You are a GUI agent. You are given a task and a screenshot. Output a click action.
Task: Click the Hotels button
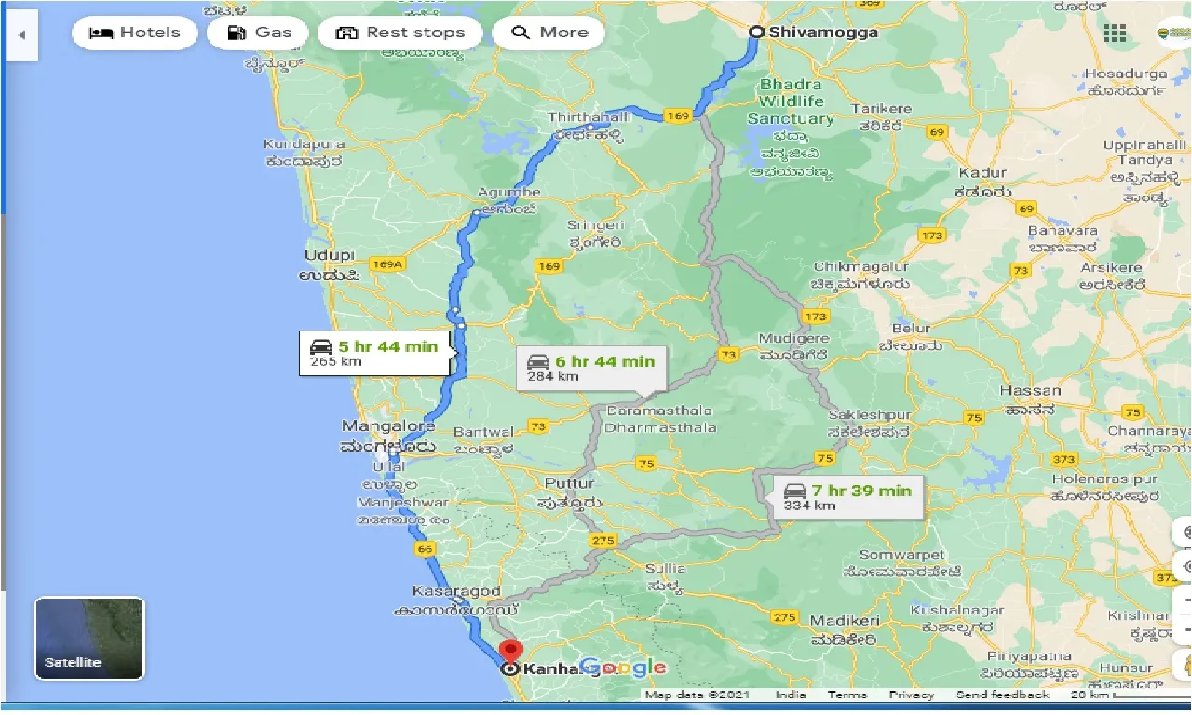click(135, 33)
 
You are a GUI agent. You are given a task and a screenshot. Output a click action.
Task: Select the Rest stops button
click(400, 33)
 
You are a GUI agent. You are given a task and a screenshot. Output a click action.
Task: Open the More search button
click(548, 33)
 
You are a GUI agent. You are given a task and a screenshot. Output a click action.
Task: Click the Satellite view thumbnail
click(89, 638)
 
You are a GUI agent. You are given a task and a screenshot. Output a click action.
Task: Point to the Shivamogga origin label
click(809, 33)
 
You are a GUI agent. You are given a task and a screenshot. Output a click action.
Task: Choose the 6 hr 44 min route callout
click(592, 368)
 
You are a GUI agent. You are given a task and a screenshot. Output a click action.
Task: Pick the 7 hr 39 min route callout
click(847, 497)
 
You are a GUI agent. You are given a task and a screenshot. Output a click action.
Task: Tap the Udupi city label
click(329, 255)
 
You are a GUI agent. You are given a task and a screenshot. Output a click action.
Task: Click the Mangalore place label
click(388, 426)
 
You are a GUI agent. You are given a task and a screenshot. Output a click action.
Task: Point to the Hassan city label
click(1030, 390)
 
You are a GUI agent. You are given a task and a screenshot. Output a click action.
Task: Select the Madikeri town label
click(844, 621)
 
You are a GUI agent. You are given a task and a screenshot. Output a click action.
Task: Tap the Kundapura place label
click(304, 144)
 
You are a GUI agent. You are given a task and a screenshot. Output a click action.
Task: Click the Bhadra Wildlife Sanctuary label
click(791, 101)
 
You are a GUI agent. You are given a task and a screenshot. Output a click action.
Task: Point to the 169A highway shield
click(387, 264)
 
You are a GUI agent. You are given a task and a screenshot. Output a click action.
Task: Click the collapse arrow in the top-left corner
click(21, 35)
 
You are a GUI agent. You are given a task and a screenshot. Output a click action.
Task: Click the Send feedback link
click(1002, 695)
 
